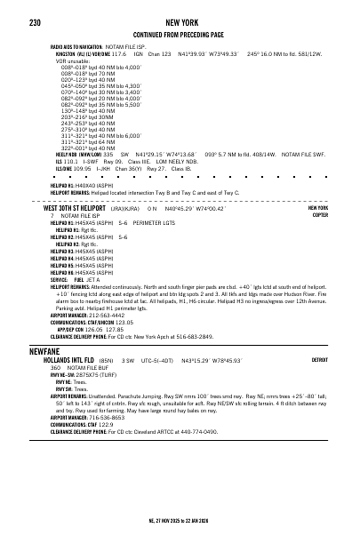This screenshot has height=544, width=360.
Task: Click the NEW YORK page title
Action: tap(180, 19)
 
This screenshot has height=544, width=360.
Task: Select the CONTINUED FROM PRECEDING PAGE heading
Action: tap(180, 33)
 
